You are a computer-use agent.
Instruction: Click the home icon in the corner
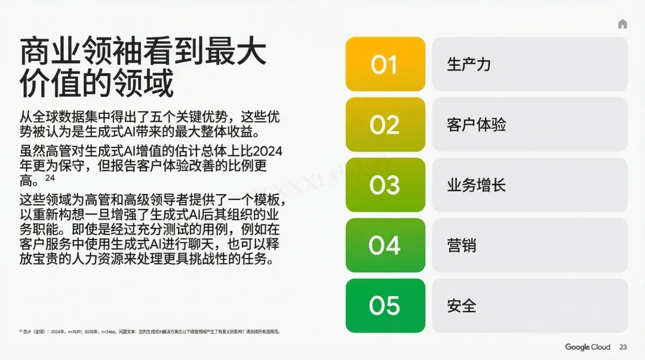(x=622, y=24)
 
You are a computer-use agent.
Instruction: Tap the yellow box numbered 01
(x=385, y=64)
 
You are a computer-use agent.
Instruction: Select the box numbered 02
(x=385, y=125)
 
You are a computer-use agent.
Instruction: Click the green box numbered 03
(x=385, y=185)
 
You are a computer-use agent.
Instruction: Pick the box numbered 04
(x=385, y=245)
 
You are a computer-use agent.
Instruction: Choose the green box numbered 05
(x=385, y=306)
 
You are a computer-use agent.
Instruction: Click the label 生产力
(x=469, y=64)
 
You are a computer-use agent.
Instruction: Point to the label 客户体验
(x=476, y=125)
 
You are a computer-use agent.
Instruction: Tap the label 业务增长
(x=476, y=185)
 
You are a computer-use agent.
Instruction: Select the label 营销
(x=462, y=245)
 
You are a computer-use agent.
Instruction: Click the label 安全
(x=462, y=306)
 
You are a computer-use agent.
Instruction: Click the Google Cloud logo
(x=588, y=347)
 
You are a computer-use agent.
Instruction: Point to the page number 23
(x=623, y=347)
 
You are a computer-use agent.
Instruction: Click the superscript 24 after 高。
(x=50, y=178)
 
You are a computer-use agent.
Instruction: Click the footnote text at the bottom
(x=149, y=331)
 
